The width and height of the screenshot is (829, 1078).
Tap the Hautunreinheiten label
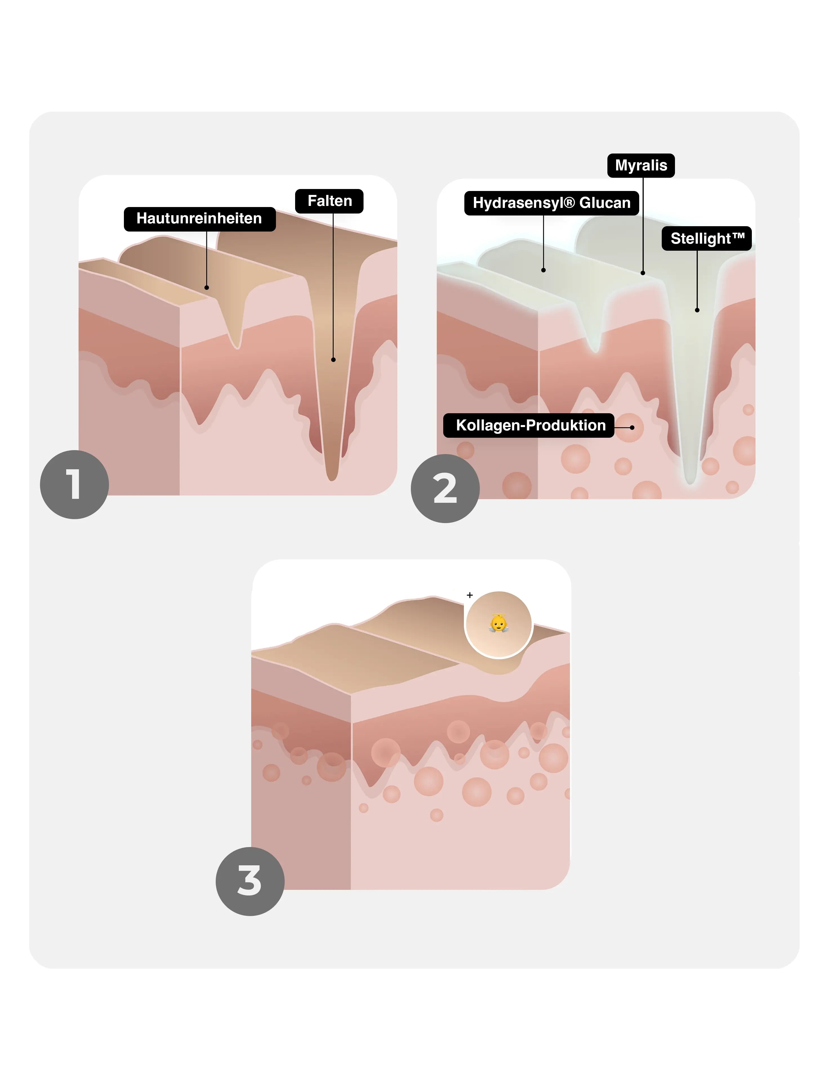click(199, 219)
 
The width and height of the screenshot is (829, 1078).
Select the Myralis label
click(641, 165)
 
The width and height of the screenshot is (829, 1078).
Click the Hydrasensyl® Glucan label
click(552, 203)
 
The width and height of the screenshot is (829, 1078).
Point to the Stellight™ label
click(707, 238)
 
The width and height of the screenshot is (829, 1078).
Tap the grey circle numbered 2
click(445, 489)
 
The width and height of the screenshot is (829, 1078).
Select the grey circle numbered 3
click(250, 882)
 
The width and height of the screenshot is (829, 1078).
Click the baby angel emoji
click(498, 623)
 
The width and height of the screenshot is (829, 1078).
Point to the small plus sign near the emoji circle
click(470, 595)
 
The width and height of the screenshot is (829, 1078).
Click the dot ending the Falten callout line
click(334, 360)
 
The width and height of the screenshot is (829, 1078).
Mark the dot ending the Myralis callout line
click(643, 273)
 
